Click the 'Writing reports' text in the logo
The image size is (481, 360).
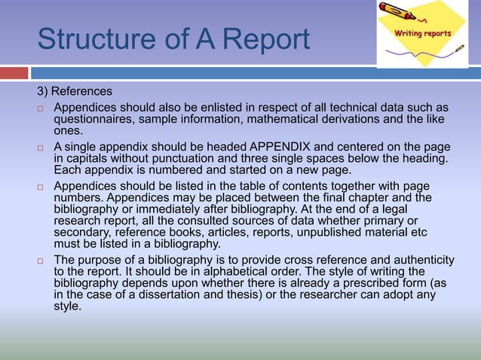click(x=423, y=33)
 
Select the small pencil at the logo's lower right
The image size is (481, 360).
click(x=459, y=49)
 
